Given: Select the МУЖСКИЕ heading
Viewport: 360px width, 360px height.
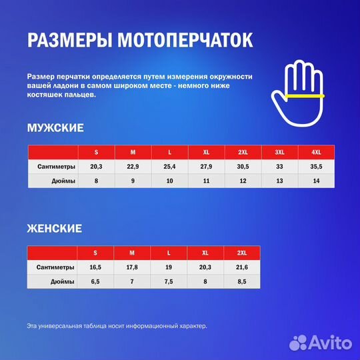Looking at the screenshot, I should click(x=55, y=127).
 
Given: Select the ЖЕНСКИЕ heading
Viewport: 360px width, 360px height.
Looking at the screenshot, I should click(x=55, y=229).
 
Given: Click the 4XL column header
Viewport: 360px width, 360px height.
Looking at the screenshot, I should click(x=316, y=152).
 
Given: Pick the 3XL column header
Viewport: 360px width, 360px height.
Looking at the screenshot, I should click(x=279, y=152).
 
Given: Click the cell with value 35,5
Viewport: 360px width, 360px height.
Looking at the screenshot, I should click(x=316, y=167).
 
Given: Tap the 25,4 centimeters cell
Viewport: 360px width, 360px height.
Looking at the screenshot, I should click(x=169, y=167).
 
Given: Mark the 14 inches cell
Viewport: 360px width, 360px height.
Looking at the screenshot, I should click(x=316, y=181).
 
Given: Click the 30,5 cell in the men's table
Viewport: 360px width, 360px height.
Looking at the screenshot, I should click(x=243, y=167).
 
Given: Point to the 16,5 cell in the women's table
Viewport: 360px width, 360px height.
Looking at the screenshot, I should click(x=95, y=267).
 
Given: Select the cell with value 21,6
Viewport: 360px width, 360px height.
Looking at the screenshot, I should click(x=242, y=267).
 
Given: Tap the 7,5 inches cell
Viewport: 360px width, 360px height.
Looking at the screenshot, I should click(x=169, y=281).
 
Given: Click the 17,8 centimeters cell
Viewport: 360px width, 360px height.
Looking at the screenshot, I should click(x=132, y=267).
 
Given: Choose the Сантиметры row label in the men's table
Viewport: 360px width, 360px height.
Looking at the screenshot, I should click(x=57, y=167).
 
